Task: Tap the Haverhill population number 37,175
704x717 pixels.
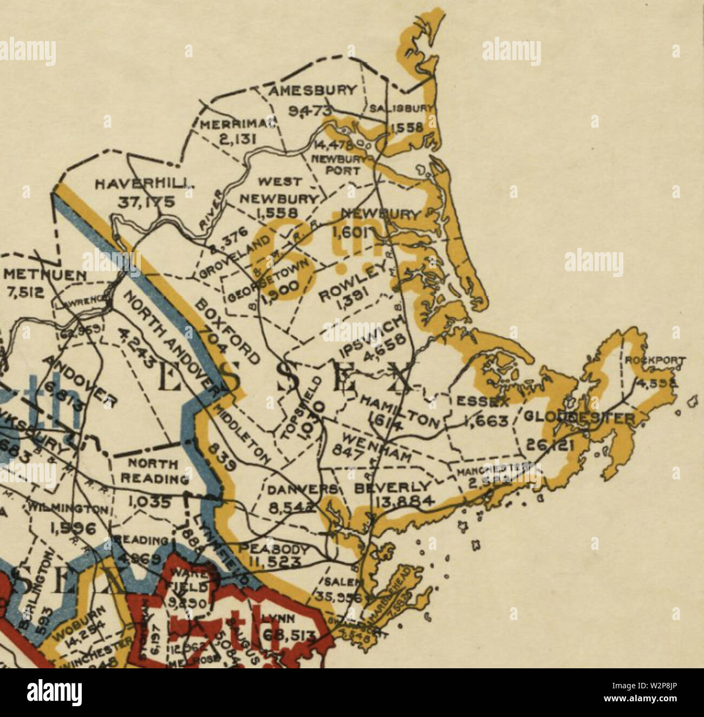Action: [x=147, y=202]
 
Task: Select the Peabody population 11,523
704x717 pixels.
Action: [x=276, y=563]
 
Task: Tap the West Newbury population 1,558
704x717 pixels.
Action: [x=276, y=212]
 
